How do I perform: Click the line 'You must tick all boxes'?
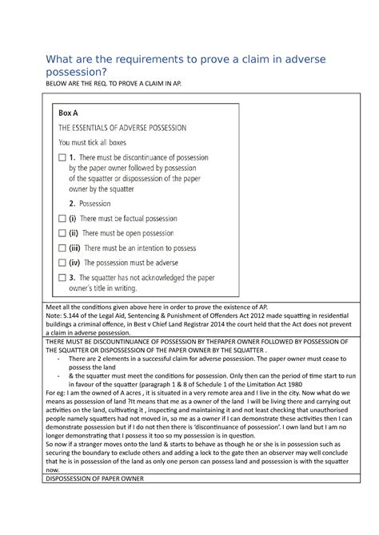(100, 143)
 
